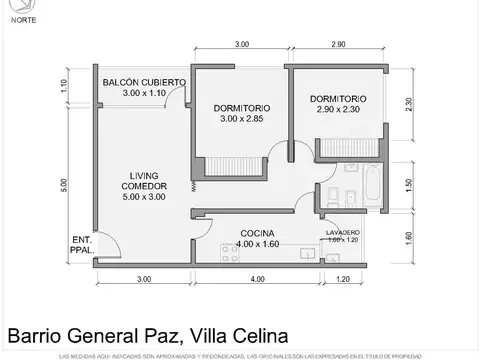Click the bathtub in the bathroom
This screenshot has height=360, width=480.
coord(371,184)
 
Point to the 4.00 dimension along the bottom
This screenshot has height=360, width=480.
coord(257,279)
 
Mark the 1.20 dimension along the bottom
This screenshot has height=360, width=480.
coord(344,279)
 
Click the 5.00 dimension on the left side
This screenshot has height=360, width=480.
coord(62,184)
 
